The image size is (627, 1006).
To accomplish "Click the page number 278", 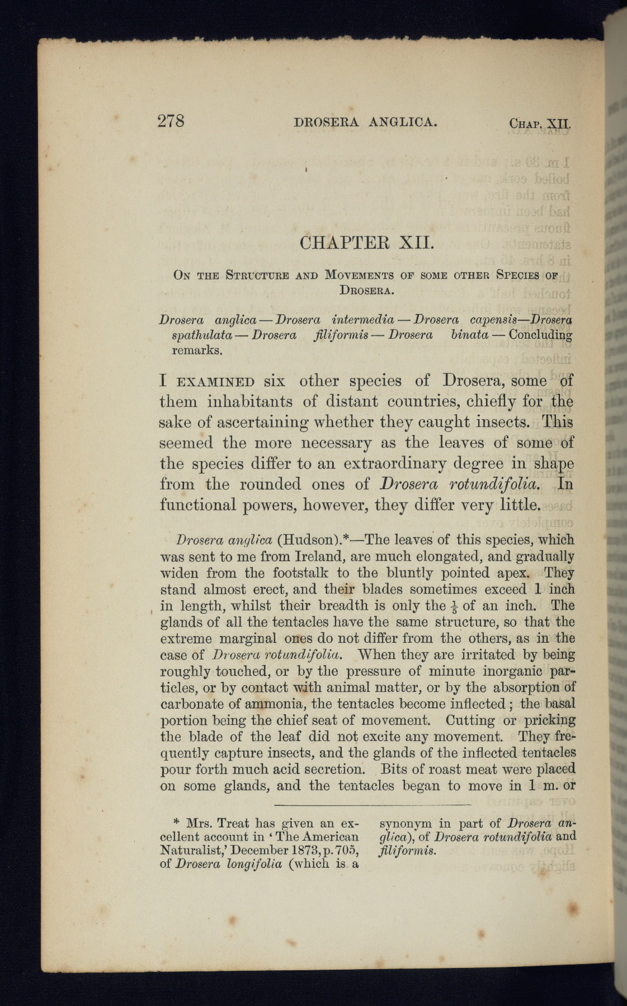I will point(171,121).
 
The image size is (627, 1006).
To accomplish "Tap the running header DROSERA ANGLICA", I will point(365,122).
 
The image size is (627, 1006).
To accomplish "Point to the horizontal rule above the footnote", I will point(373,805).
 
